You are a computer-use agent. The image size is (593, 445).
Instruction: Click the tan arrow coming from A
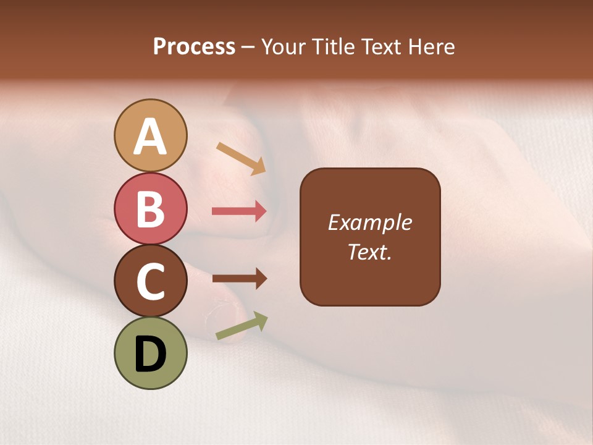pos(241,158)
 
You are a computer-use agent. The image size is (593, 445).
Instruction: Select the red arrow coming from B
pos(239,211)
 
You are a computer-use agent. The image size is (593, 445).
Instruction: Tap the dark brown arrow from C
pos(239,279)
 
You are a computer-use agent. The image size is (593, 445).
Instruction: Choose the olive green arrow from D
pos(242,326)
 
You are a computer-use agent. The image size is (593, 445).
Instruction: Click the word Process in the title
pos(194,46)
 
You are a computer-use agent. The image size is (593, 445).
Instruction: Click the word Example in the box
pos(369,222)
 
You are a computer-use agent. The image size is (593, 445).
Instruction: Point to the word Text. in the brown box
pos(369,252)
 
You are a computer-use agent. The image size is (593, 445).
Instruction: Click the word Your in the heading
pos(284,46)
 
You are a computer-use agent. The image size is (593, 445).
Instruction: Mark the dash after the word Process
pos(248,47)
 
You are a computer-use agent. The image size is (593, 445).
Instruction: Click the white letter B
pos(150,208)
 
